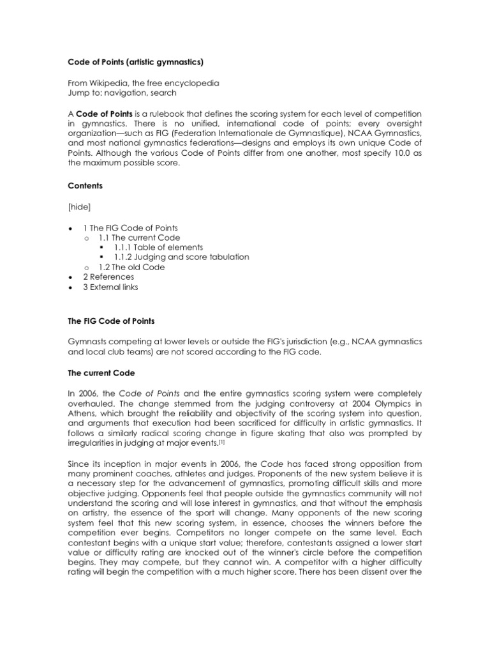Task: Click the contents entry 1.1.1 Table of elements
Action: (158, 247)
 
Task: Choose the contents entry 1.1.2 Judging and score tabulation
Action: (181, 257)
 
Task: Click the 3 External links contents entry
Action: (110, 287)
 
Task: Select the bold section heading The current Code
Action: (99, 371)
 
